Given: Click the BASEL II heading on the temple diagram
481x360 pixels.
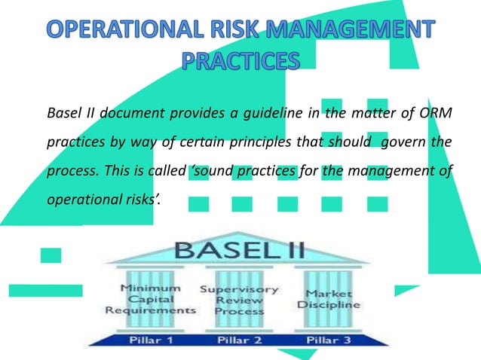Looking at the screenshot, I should pos(240,250).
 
